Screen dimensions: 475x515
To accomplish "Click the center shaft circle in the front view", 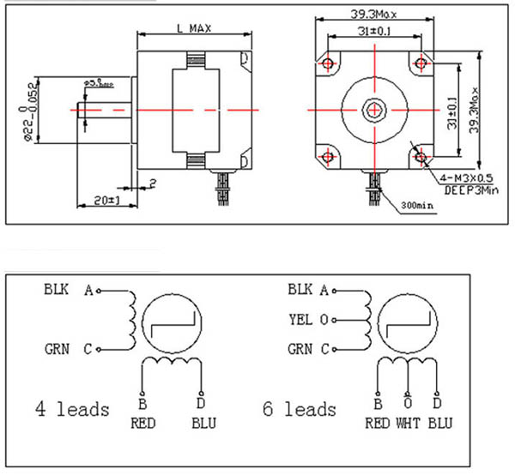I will coord(374,110).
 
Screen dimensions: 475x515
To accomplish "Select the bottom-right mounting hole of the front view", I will coord(420,155).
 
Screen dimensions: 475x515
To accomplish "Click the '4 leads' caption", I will coord(72,409).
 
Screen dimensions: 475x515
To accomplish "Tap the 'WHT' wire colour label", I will coord(408,423).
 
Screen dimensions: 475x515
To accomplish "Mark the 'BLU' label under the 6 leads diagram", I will coord(439,423).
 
